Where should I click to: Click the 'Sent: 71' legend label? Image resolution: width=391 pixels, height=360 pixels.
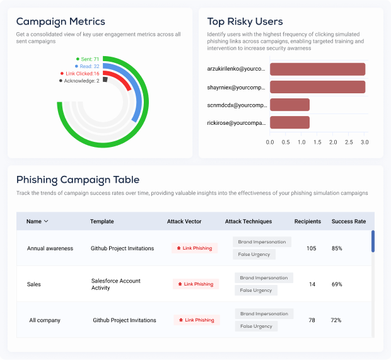tap(88, 59)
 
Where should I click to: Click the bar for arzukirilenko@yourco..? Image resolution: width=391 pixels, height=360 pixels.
tap(317, 69)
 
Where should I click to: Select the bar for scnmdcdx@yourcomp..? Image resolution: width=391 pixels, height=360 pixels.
tap(289, 105)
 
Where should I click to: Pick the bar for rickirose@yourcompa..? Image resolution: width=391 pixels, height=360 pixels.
tap(289, 122)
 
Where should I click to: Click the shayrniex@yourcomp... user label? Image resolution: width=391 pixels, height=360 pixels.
tap(236, 87)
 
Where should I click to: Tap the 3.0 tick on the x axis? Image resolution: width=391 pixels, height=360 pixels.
tap(365, 142)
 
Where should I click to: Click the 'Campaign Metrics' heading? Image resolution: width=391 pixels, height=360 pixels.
tap(61, 22)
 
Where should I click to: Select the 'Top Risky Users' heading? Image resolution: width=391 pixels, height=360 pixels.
tap(245, 22)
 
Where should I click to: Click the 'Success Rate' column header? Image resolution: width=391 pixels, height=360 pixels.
tap(349, 221)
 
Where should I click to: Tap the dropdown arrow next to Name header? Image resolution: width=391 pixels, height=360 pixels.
tap(46, 221)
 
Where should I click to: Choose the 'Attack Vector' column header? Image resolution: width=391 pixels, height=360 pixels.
tap(184, 221)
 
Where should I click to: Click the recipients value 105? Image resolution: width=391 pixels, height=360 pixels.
tap(312, 248)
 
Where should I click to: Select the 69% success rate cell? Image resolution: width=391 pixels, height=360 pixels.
tap(337, 284)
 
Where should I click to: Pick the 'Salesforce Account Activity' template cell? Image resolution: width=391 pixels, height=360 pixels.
tap(115, 284)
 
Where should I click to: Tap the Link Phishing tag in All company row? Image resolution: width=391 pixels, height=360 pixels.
tap(197, 320)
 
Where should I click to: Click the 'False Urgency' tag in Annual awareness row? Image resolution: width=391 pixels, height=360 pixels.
tap(255, 255)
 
